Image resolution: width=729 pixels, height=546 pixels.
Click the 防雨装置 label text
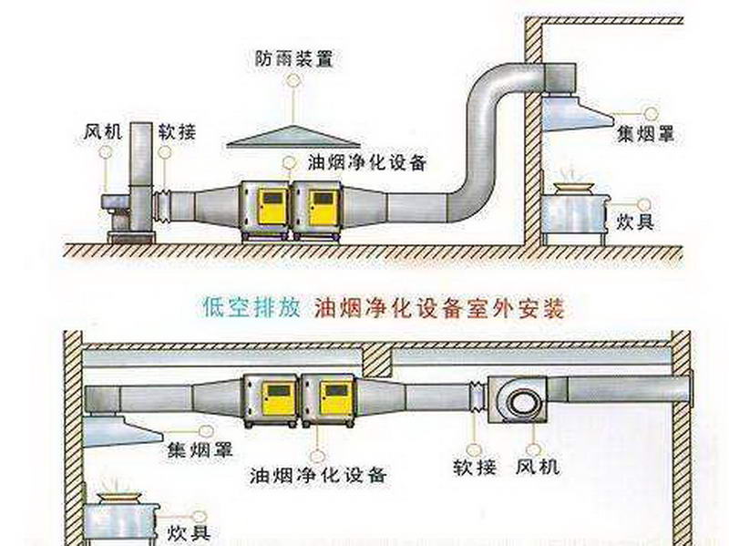tap(293, 59)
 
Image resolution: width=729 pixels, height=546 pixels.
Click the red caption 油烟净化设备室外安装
tap(440, 308)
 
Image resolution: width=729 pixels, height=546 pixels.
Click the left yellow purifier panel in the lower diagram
tap(276, 397)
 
